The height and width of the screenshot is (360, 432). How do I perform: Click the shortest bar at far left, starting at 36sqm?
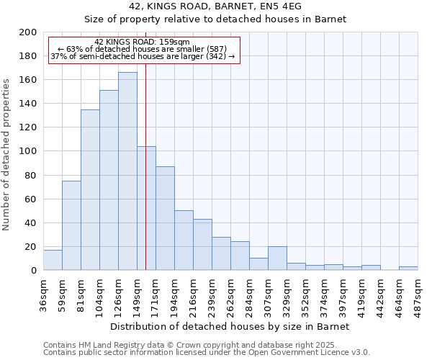coord(53,260)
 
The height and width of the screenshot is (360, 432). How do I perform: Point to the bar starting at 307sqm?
coord(277,258)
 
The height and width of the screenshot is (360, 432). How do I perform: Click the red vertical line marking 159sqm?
coord(146,166)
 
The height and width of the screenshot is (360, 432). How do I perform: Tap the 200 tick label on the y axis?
coord(28,32)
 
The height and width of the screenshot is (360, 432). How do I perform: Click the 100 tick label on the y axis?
coord(28,151)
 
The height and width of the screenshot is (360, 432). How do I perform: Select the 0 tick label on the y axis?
coord(33,271)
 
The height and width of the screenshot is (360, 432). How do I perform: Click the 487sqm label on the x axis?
coord(418,294)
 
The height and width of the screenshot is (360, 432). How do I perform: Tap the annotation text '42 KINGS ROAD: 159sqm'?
coord(142,42)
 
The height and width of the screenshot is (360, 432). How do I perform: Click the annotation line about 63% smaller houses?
coord(142,49)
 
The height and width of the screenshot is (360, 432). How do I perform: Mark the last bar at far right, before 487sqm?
coord(408,268)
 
